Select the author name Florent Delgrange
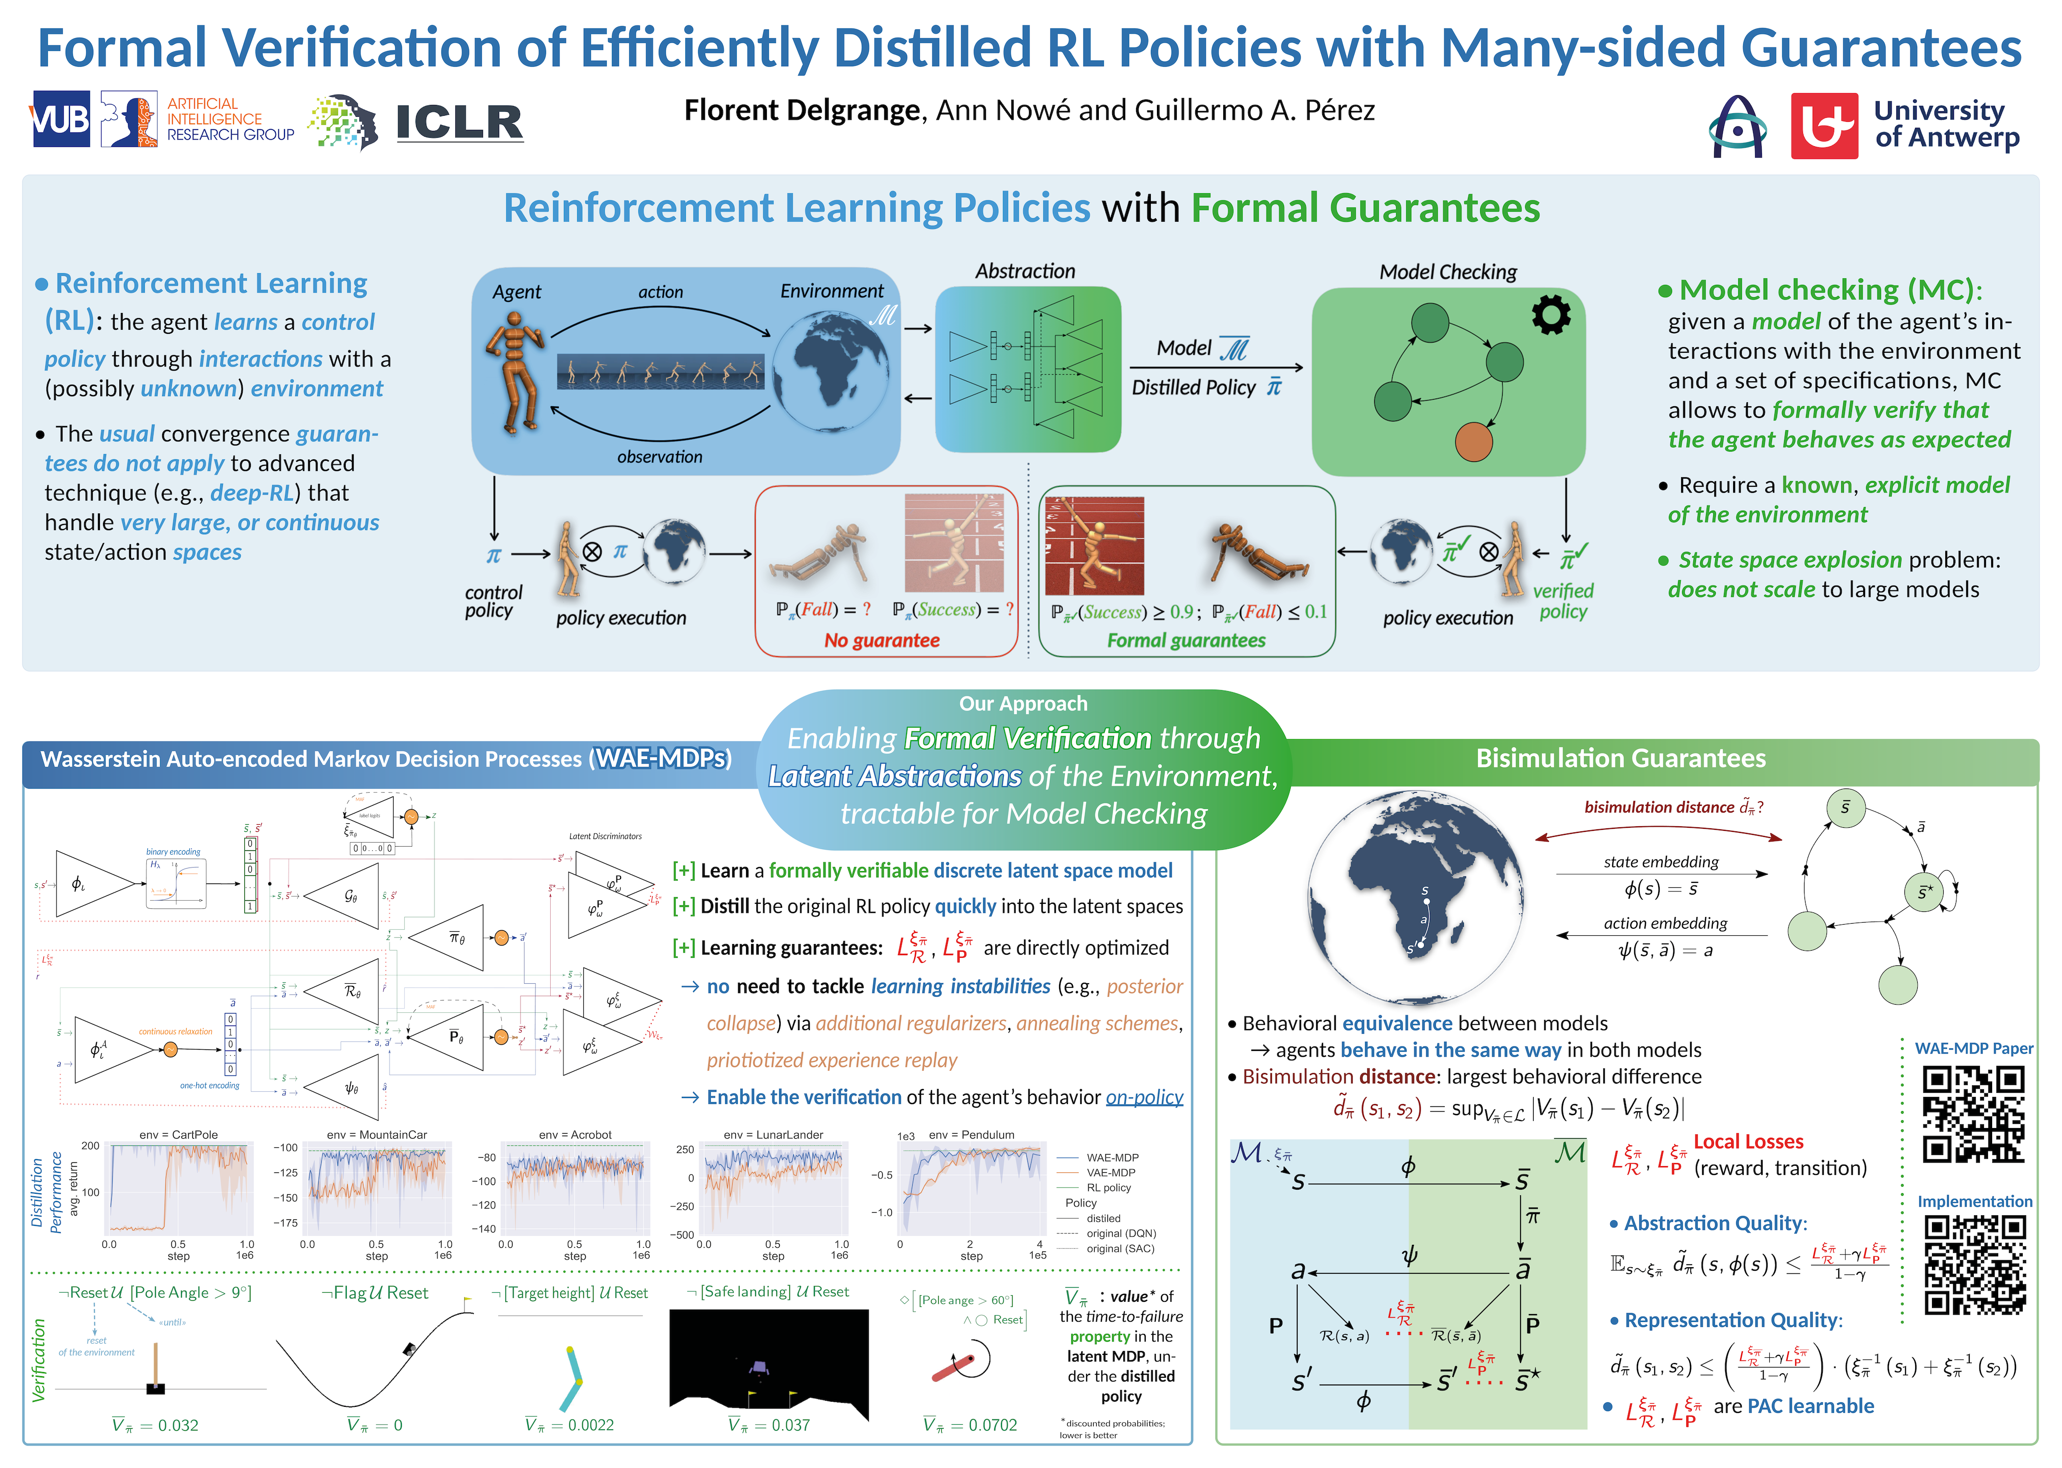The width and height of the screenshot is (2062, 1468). (x=801, y=110)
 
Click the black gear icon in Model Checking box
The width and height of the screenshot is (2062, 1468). (x=1551, y=314)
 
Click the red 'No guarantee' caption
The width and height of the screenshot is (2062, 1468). (x=882, y=640)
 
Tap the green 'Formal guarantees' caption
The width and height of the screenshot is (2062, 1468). (x=1186, y=640)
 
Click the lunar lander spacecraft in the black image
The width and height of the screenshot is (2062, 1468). (x=758, y=1369)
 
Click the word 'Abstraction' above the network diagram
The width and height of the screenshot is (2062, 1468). (x=1025, y=271)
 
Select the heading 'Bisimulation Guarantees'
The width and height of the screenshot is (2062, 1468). (x=1620, y=758)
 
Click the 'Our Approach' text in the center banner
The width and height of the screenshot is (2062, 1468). (x=1022, y=703)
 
